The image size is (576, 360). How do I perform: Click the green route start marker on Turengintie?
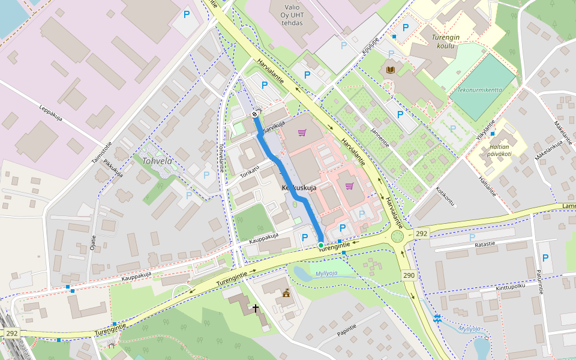pyautogui.click(x=321, y=245)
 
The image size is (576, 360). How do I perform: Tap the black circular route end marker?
pyautogui.click(x=255, y=114)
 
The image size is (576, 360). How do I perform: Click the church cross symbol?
pyautogui.click(x=256, y=308)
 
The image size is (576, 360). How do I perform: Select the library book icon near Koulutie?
pyautogui.click(x=391, y=70)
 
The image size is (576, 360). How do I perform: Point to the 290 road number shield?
pyautogui.click(x=409, y=275)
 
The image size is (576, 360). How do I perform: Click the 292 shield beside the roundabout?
pyautogui.click(x=422, y=233)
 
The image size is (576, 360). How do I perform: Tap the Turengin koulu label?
pyautogui.click(x=446, y=41)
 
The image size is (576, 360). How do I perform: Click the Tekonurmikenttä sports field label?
pyautogui.click(x=479, y=90)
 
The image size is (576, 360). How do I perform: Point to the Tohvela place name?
pyautogui.click(x=157, y=161)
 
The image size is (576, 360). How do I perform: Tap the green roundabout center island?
pyautogui.click(x=397, y=236)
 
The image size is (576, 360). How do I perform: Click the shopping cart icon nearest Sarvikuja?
pyautogui.click(x=302, y=133)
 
